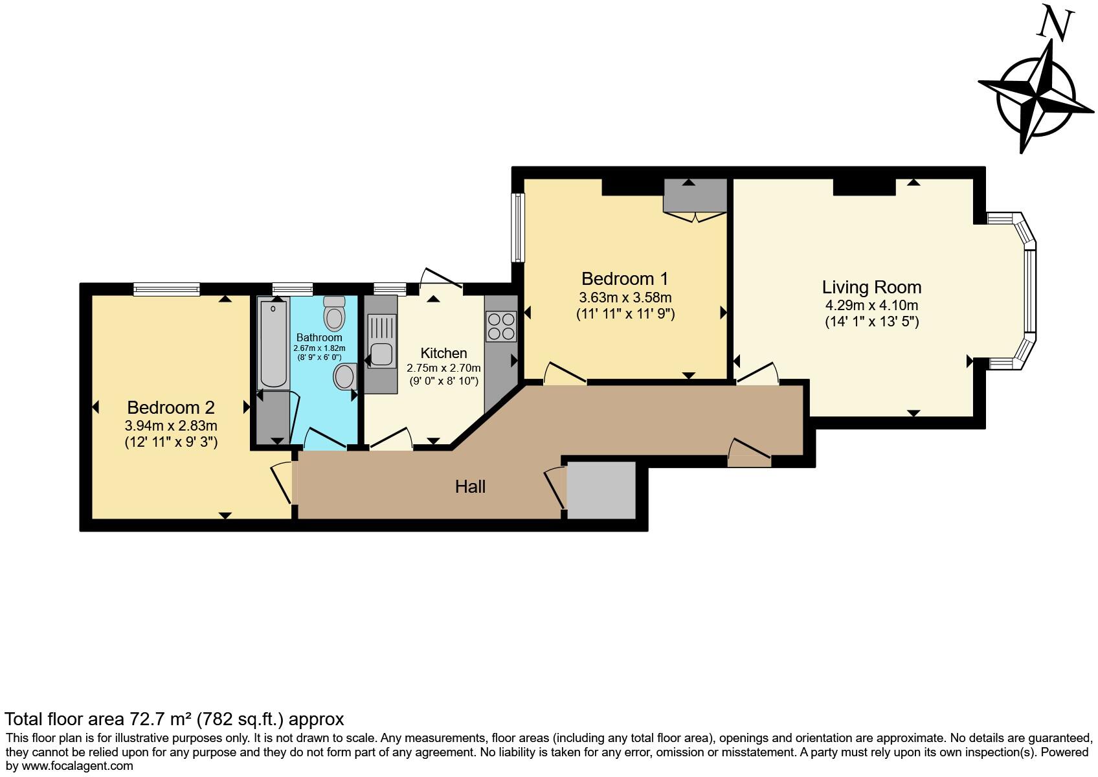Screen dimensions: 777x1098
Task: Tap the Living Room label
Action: tap(871, 287)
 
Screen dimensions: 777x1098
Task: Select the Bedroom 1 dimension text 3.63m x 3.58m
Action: tap(625, 298)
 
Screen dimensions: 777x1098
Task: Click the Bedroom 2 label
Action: tap(170, 407)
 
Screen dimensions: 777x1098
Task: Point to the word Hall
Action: tap(470, 487)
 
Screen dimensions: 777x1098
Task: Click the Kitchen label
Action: tap(443, 353)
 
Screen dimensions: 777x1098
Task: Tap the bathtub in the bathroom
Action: tap(273, 343)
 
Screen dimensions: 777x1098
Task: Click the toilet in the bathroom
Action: tap(334, 315)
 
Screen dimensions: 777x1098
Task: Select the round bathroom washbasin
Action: tap(345, 376)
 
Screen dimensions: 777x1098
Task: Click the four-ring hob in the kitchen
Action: tap(501, 326)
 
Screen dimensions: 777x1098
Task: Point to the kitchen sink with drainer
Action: tap(381, 342)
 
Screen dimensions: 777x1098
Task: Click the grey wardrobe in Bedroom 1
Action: tap(695, 195)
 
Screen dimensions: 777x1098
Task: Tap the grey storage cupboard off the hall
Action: tap(601, 490)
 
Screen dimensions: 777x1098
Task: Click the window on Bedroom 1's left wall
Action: tap(518, 227)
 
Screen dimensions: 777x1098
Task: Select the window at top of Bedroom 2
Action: tap(166, 289)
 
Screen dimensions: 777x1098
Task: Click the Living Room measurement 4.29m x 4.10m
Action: tap(871, 306)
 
